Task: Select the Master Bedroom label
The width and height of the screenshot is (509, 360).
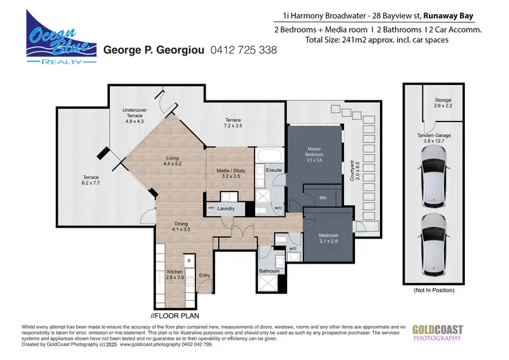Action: (x=314, y=152)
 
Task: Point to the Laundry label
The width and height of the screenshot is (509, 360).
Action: (x=225, y=209)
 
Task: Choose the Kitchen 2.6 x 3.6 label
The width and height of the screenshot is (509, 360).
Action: (x=175, y=274)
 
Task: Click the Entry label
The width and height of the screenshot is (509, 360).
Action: (x=204, y=274)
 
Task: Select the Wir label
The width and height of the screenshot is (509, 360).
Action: (x=323, y=198)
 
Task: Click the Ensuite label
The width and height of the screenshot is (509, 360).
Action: (x=273, y=170)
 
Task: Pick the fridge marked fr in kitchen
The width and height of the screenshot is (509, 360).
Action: (x=190, y=259)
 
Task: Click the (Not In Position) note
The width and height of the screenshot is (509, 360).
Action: (x=435, y=290)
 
